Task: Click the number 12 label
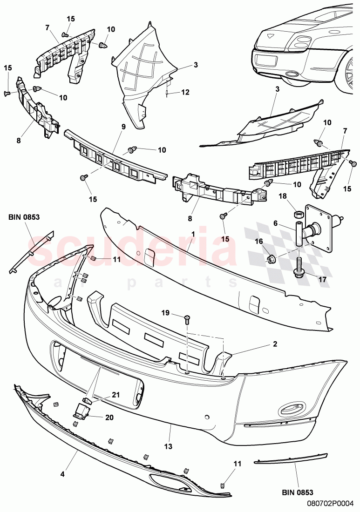click(185, 92)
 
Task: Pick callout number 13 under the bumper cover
click(168, 446)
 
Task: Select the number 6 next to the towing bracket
click(276, 224)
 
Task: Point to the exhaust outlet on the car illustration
click(293, 74)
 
